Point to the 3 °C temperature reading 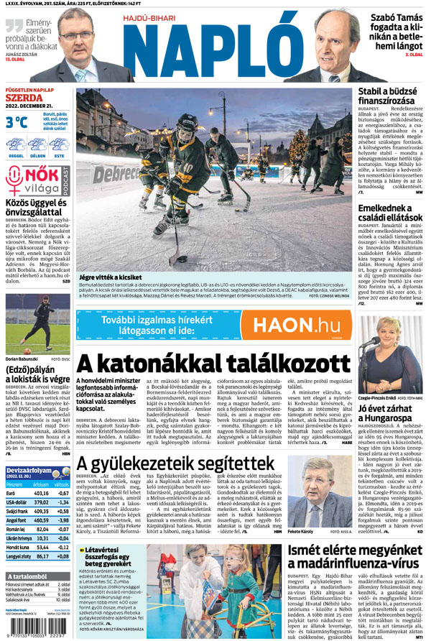(x=17, y=121)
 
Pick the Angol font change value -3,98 (x=60, y=519)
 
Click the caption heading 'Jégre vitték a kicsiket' (x=111, y=256)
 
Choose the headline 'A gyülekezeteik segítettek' (x=176, y=463)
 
